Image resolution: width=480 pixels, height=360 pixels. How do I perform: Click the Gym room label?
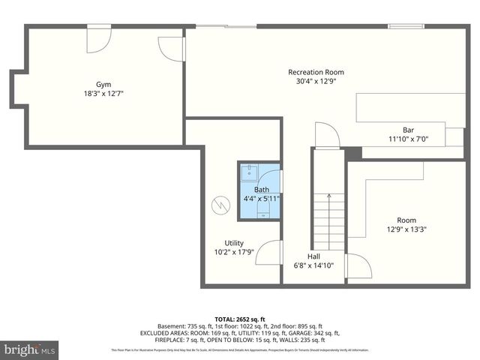[x=103, y=84]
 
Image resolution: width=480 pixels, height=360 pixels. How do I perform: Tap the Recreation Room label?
[x=316, y=72]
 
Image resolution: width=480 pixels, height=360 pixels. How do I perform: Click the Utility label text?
[x=233, y=242]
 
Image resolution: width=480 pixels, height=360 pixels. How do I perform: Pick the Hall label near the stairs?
[x=313, y=256]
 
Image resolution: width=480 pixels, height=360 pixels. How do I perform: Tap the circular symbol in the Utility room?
[x=220, y=204]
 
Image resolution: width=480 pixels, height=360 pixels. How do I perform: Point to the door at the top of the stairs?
[x=326, y=137]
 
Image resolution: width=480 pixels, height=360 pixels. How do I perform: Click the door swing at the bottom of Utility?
[x=269, y=253]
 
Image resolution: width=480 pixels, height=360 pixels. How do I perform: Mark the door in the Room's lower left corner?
[x=358, y=268]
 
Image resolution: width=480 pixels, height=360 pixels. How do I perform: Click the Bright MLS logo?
[x=30, y=349]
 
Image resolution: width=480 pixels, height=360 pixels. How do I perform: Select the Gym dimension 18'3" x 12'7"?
[x=103, y=94]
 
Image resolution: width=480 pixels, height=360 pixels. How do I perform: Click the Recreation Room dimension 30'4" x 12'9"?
[x=316, y=82]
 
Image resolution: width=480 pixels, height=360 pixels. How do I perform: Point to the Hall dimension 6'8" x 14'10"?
[x=313, y=265]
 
